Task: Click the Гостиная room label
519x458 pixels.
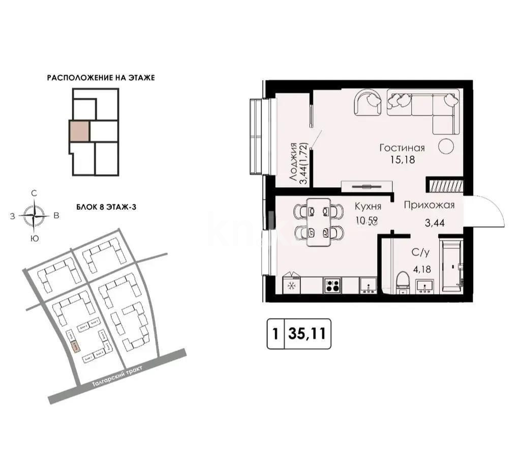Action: tap(402, 148)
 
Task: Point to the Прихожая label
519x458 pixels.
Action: tap(429, 206)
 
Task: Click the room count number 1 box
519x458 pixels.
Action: tap(275, 334)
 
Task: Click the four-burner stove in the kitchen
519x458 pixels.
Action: tap(332, 286)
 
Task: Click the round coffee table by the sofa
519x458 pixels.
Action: tap(446, 146)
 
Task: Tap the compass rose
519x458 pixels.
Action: tap(34, 215)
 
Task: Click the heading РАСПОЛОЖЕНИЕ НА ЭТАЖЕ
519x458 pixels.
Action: tap(101, 78)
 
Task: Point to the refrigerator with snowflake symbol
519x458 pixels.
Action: tap(292, 285)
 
